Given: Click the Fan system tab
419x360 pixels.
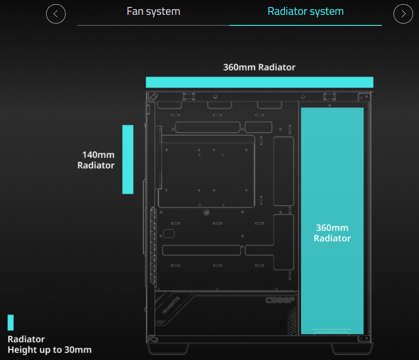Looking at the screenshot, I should coord(153,11).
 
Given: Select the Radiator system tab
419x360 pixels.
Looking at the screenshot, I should coord(305,11).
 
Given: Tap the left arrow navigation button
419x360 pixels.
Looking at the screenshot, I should coord(56,14).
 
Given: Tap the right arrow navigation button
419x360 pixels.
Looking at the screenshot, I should coord(403,14).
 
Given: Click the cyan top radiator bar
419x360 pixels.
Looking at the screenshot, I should coord(259,82).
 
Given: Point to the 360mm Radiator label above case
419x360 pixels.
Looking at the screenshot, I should coord(259,67).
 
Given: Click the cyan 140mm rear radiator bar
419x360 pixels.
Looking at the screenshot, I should coord(128,159).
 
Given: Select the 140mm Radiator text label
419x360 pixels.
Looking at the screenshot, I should coord(96,160).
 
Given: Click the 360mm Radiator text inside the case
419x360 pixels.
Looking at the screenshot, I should coord(332,233).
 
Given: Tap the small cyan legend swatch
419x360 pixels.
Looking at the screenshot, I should coord(11,323).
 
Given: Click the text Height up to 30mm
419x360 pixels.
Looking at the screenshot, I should coord(49,350).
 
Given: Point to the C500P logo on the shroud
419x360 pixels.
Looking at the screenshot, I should coord(280,300).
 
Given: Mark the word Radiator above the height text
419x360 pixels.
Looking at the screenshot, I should coord(26,339).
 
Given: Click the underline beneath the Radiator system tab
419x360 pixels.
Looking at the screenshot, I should coord(305,25).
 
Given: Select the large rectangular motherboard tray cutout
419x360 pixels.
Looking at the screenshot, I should coord(206,171).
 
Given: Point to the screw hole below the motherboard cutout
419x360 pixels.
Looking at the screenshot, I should coord(206,213).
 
